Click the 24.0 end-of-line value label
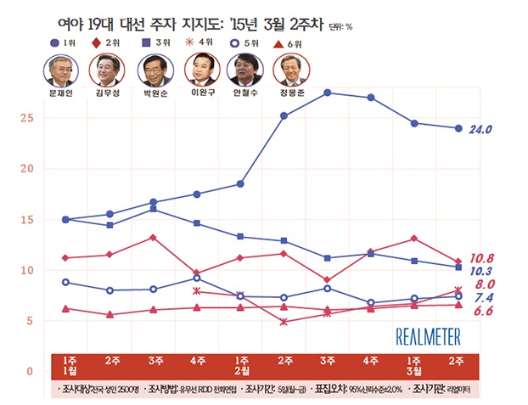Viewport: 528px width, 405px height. pyautogui.click(x=481, y=129)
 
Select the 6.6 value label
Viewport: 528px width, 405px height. pyautogui.click(x=482, y=312)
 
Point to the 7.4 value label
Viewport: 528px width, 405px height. pyautogui.click(x=482, y=298)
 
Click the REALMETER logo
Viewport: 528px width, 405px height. pyautogui.click(x=429, y=337)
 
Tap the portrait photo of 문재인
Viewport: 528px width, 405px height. pyautogui.click(x=61, y=68)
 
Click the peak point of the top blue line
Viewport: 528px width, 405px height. pyautogui.click(x=328, y=93)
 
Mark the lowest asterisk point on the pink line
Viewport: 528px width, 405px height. pyautogui.click(x=284, y=322)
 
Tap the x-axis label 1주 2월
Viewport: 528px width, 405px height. pyautogui.click(x=242, y=366)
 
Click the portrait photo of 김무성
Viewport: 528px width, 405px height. pyautogui.click(x=107, y=68)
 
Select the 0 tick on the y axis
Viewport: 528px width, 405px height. pyautogui.click(x=30, y=371)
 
